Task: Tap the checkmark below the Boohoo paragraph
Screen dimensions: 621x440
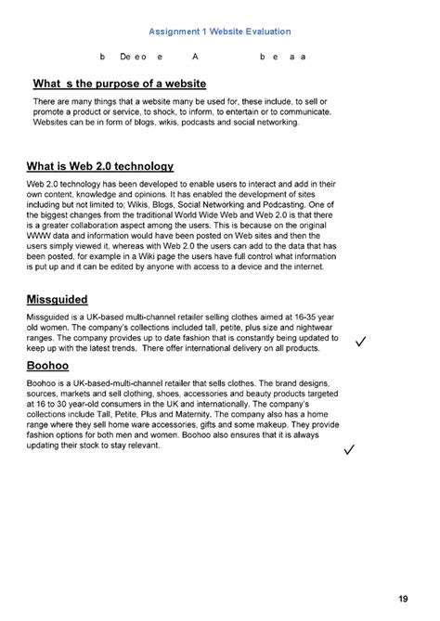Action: [x=350, y=451]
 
